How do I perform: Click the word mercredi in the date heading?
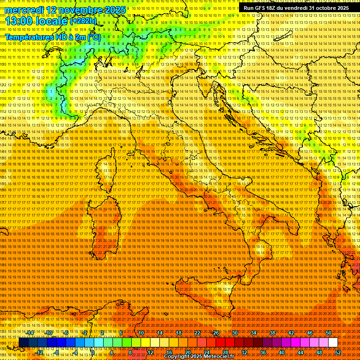(23, 10)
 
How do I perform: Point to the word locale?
(53, 21)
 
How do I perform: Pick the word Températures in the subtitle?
(32, 37)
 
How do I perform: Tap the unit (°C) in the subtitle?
(94, 37)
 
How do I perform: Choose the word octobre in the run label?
(327, 8)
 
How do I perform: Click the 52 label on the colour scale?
(338, 352)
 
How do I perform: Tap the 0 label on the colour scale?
(92, 352)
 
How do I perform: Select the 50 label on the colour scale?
(329, 333)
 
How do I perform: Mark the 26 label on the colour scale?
(216, 333)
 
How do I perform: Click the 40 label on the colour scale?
(282, 352)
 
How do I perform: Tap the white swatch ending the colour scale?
(333, 343)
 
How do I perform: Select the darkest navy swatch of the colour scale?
(23, 343)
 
